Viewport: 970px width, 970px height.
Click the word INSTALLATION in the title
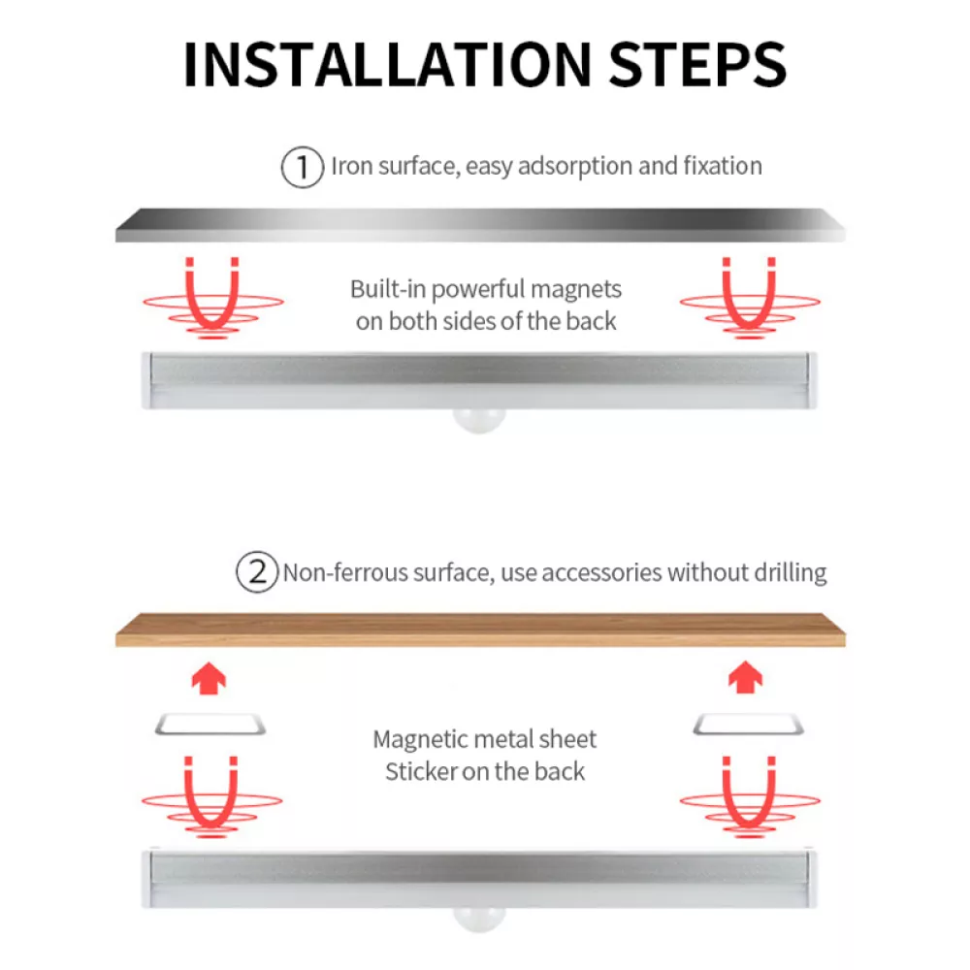388,64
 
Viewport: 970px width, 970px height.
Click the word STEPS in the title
697,64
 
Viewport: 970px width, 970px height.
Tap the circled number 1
303,167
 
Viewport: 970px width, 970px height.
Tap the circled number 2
257,572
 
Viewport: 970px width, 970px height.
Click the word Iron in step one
351,166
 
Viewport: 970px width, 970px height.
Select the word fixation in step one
723,166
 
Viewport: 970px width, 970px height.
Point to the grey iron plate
480,225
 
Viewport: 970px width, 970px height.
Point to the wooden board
480,630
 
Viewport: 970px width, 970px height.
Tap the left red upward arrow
210,679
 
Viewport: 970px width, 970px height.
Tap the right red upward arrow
745,677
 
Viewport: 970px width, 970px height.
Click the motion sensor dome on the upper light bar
479,421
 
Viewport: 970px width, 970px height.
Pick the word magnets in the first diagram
576,290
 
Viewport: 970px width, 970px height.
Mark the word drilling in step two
791,573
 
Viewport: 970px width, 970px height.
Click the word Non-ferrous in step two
345,573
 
